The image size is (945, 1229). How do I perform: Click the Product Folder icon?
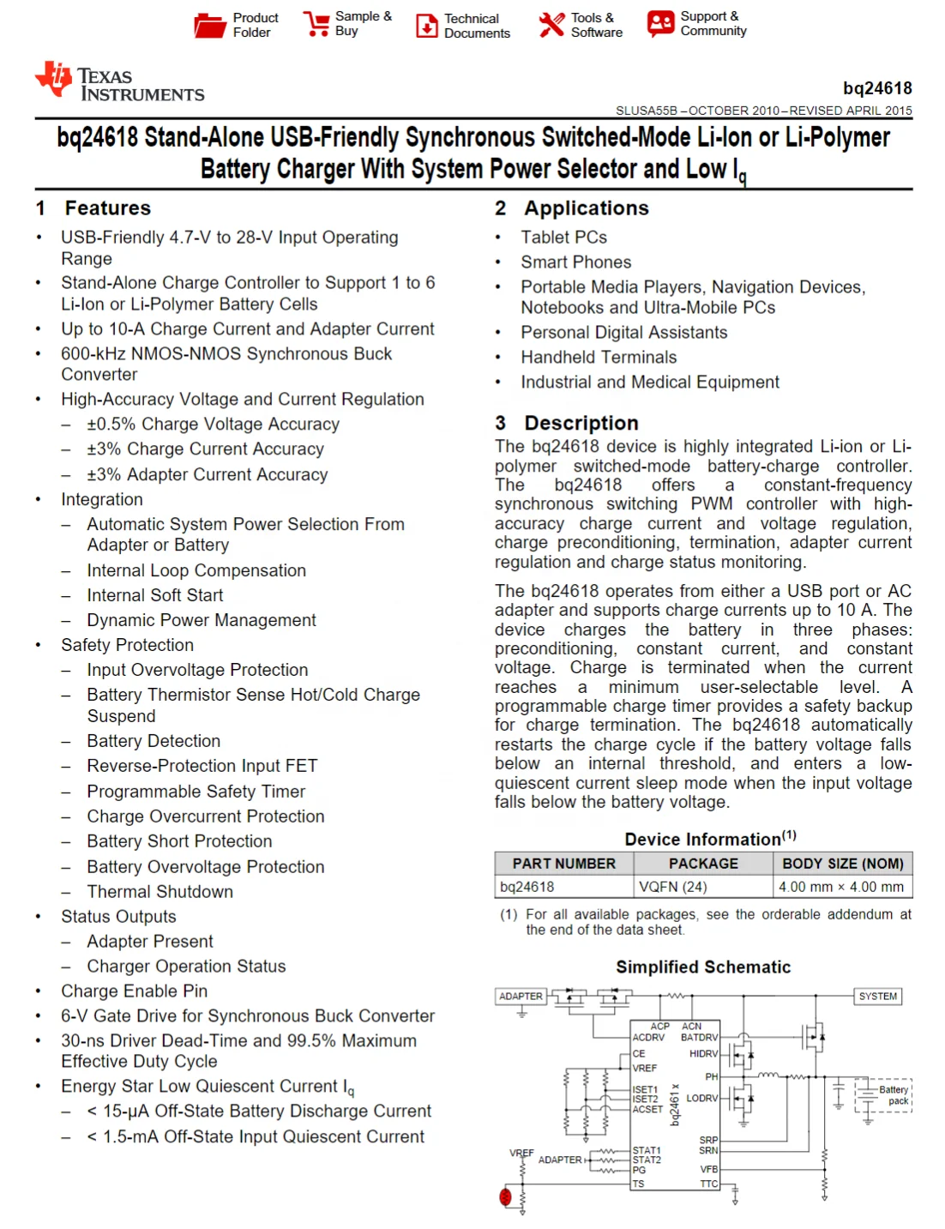tap(209, 26)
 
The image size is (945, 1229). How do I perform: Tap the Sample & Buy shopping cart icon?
tap(316, 24)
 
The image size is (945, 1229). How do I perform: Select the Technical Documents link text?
tap(477, 26)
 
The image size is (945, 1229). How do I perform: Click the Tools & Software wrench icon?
tap(551, 25)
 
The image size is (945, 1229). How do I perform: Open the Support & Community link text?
tap(713, 23)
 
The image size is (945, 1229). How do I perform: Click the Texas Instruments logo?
tap(120, 82)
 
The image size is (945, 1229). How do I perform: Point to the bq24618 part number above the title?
tap(877, 88)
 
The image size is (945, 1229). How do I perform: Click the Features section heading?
tap(107, 208)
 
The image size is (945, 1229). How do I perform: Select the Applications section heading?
tap(586, 208)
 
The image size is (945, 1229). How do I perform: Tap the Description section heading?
tap(581, 423)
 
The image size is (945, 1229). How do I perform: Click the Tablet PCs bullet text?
tap(563, 238)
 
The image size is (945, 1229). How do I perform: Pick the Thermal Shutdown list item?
tap(160, 892)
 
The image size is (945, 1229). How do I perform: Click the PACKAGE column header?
tap(703, 864)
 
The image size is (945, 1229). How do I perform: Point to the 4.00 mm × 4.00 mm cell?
tap(840, 887)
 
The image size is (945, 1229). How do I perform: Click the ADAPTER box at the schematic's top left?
tap(521, 997)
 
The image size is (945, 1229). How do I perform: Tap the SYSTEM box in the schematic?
tap(877, 997)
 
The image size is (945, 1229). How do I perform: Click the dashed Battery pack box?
tap(884, 1095)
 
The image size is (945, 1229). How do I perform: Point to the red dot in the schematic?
tap(505, 1196)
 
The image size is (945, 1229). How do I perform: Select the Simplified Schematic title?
tap(703, 967)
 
